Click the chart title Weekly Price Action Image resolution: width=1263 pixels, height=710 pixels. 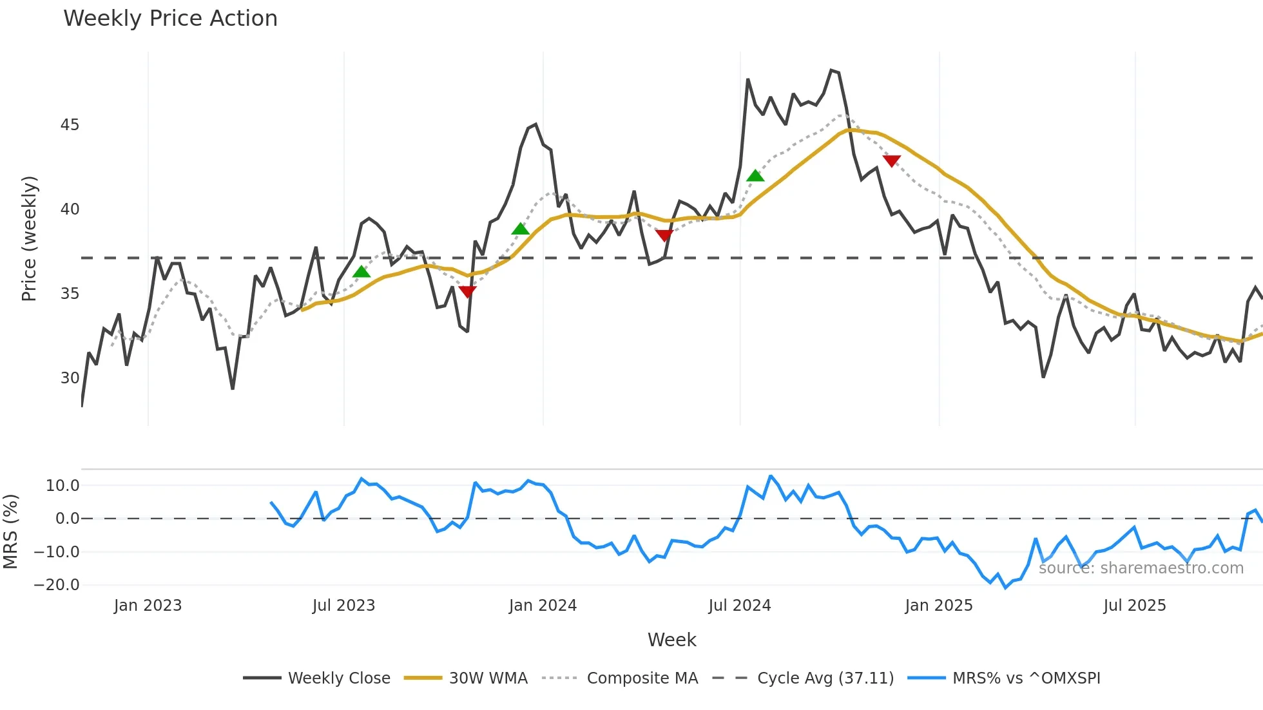click(x=170, y=19)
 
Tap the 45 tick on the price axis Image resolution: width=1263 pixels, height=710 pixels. click(x=70, y=125)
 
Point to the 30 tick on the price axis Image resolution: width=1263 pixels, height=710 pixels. click(x=70, y=378)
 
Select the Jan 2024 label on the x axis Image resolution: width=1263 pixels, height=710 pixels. click(x=543, y=606)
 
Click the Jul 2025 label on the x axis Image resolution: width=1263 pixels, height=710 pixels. click(x=1134, y=606)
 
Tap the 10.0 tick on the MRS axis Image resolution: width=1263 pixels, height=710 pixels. click(x=63, y=486)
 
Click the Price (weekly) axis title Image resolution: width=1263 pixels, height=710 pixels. click(x=30, y=238)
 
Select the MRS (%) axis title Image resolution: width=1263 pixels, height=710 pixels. click(x=11, y=532)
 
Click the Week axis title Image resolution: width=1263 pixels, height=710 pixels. click(x=671, y=640)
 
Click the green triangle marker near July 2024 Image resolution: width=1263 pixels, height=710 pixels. click(x=755, y=176)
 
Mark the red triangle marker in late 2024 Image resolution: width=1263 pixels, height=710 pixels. click(x=891, y=161)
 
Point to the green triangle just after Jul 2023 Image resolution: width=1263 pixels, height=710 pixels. click(x=362, y=272)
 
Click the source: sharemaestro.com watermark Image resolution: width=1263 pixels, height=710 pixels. click(x=1141, y=568)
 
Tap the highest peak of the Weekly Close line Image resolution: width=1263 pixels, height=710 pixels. click(x=831, y=70)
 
